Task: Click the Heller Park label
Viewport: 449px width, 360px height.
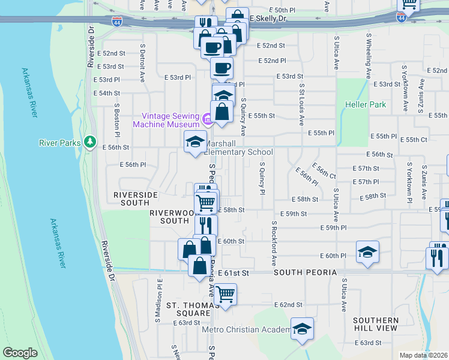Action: coord(364,104)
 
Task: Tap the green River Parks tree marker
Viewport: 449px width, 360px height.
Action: coord(90,141)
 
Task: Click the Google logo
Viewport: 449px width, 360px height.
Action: coord(20,353)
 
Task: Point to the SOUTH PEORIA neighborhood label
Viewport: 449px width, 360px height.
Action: coord(305,272)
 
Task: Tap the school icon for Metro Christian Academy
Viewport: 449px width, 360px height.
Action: coord(303,329)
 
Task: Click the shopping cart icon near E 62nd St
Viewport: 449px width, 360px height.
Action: coord(225,294)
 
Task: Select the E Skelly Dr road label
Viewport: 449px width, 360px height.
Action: coord(269,19)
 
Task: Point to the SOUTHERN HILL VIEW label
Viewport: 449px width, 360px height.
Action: coord(375,324)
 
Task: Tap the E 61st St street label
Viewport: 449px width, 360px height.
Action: coord(233,272)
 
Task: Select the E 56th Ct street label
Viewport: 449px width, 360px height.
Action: coord(324,170)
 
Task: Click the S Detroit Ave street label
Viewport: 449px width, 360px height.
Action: coord(143,62)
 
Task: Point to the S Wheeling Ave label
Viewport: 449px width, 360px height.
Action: coord(368,49)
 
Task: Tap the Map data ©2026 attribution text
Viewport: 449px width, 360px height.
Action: coord(423,355)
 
